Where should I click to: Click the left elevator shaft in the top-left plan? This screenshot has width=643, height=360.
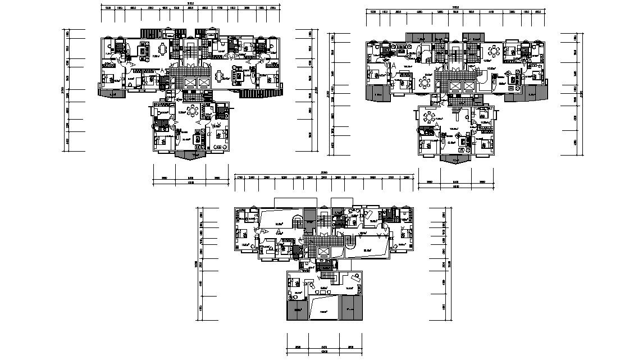[x=190, y=83]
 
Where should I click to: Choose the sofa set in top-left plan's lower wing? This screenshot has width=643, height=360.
[x=197, y=137]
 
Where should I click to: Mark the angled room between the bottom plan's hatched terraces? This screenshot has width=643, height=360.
[x=324, y=309]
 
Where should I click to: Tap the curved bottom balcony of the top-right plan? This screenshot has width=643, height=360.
[x=456, y=158]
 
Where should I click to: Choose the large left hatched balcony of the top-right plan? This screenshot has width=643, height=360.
[x=376, y=92]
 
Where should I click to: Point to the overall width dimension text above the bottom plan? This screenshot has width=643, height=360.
[x=324, y=172]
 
